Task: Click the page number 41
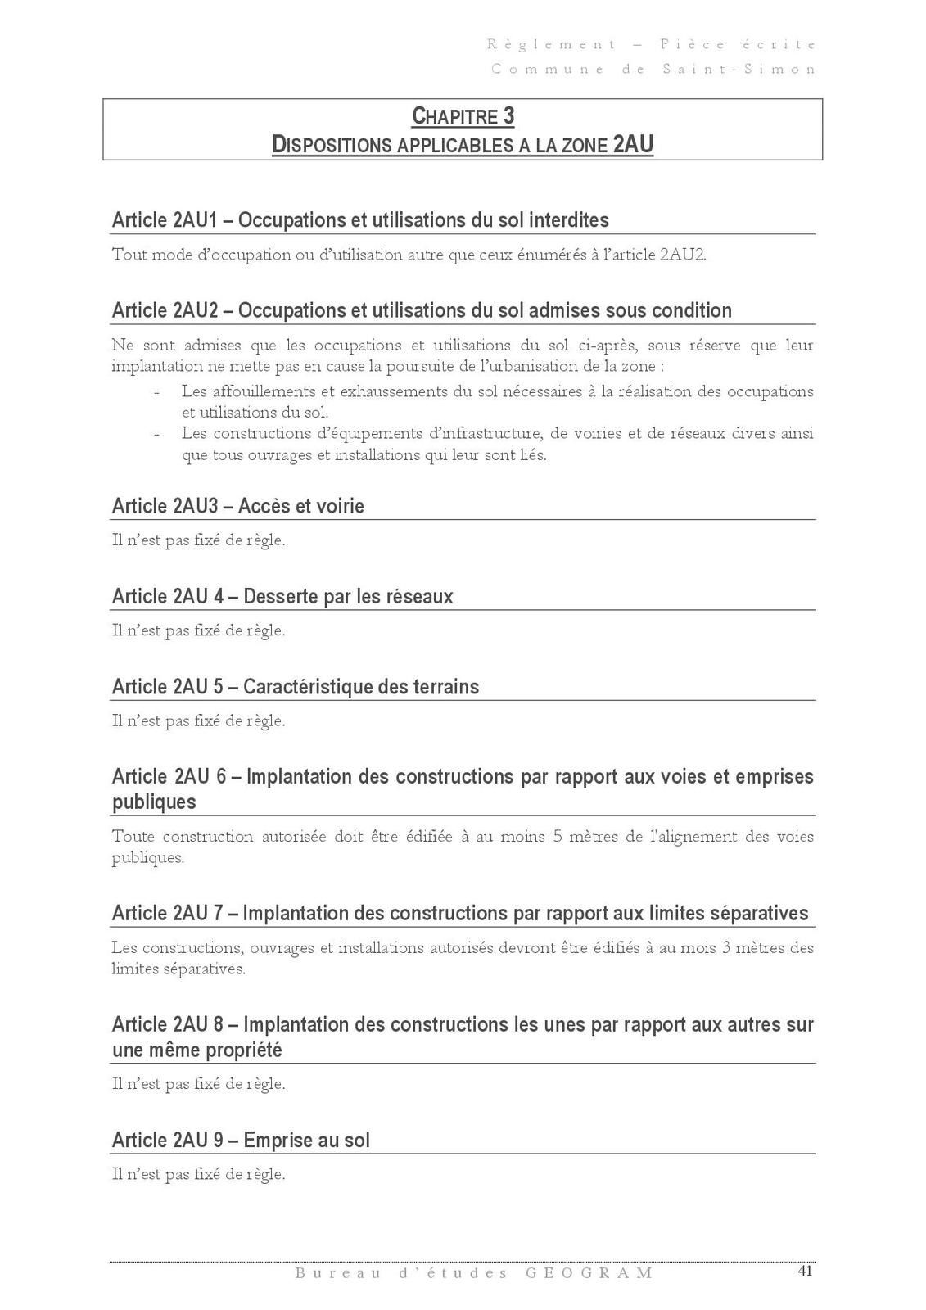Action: click(x=805, y=1271)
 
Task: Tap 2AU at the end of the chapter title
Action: click(x=633, y=145)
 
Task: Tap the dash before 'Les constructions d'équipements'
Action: click(x=156, y=434)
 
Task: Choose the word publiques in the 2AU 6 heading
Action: click(x=154, y=802)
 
